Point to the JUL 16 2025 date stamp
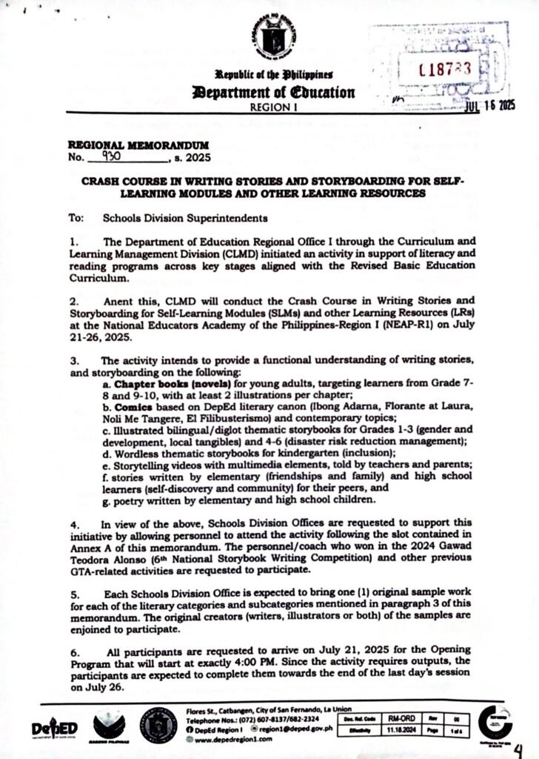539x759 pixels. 489,106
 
